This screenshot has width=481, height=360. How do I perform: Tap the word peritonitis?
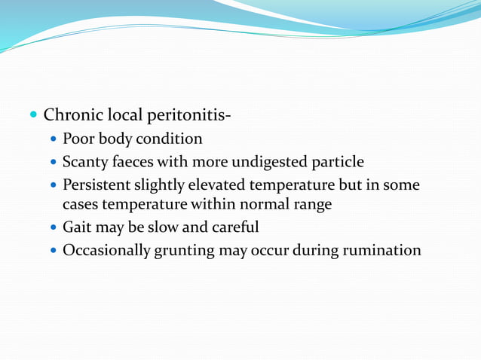(192, 117)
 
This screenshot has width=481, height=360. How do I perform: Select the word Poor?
(78, 139)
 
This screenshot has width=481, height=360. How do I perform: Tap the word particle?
(336, 162)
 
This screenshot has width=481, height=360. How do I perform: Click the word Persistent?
(96, 185)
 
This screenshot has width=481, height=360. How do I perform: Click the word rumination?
(381, 250)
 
